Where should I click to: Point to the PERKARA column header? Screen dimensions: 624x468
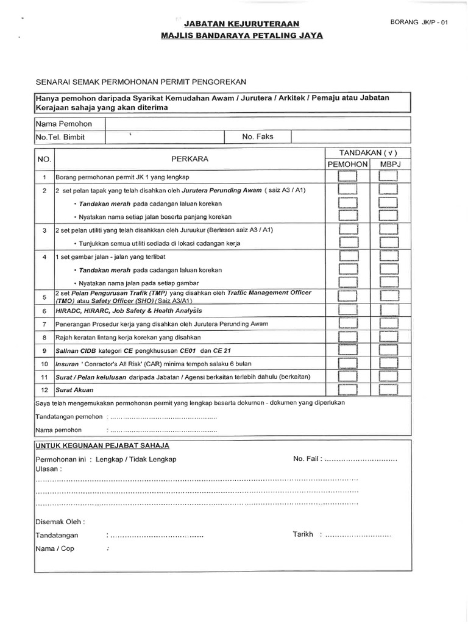coord(190,158)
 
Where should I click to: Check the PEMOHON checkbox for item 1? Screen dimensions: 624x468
coord(348,177)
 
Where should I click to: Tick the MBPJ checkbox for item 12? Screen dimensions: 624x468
coord(388,389)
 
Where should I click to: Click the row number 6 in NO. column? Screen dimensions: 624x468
coord(44,311)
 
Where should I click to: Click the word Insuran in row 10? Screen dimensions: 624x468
coord(68,363)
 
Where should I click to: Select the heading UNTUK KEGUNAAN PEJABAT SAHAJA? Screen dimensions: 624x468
coord(103,446)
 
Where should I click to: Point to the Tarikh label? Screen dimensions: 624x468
coord(303,534)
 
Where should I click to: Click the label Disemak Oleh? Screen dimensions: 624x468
coord(60,522)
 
